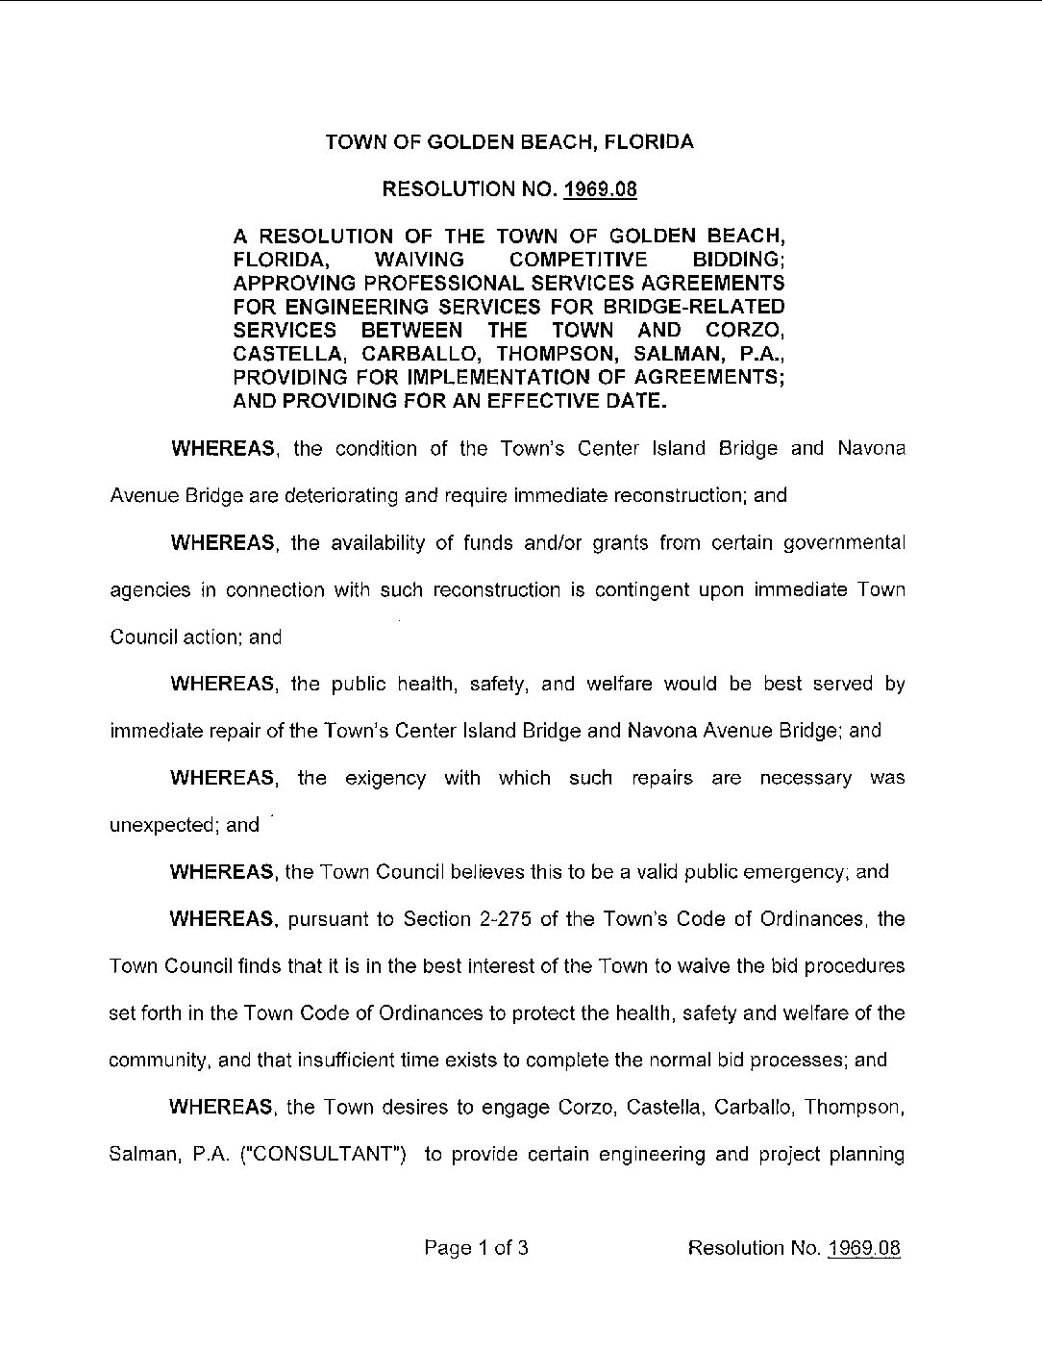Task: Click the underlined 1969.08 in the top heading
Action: point(600,189)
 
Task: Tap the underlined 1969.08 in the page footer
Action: point(863,1248)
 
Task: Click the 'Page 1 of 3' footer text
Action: point(477,1248)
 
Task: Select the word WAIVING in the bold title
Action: point(419,260)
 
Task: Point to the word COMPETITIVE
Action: point(578,260)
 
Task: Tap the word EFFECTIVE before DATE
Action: point(539,401)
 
